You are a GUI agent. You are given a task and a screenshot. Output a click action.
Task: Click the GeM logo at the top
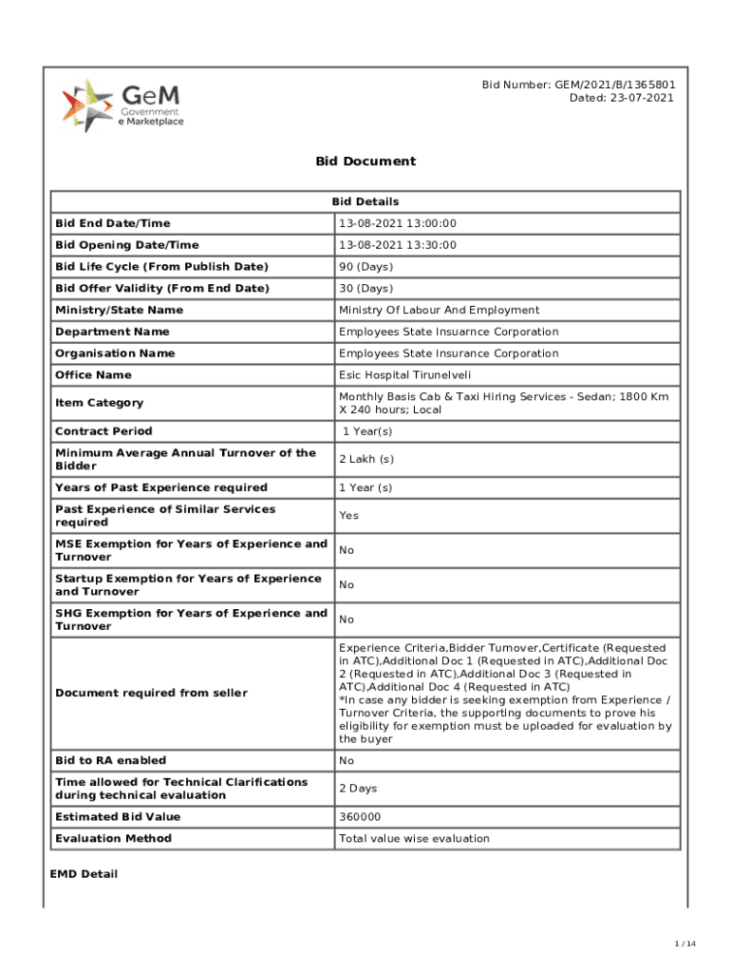tap(122, 105)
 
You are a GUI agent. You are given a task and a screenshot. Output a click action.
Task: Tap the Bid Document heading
tap(365, 162)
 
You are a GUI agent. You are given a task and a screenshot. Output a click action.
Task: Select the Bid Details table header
tap(365, 201)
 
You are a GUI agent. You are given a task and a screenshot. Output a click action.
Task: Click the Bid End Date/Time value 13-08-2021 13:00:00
tap(398, 223)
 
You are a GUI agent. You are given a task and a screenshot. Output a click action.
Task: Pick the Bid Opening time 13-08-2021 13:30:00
tap(398, 245)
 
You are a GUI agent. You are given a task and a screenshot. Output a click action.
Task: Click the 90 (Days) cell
tap(365, 267)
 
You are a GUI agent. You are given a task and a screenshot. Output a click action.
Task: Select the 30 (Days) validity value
tap(365, 288)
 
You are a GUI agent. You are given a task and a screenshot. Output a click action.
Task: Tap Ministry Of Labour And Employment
tap(439, 310)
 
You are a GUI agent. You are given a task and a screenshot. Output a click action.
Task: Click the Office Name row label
tap(93, 375)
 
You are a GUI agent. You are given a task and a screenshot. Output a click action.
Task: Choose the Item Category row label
tap(100, 403)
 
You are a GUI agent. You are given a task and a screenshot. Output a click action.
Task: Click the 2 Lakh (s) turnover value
tap(366, 460)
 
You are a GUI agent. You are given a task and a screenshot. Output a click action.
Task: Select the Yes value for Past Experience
tap(348, 516)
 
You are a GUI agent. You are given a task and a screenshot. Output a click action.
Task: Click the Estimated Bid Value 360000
tap(360, 817)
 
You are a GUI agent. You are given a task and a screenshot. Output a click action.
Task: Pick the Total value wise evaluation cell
tap(414, 839)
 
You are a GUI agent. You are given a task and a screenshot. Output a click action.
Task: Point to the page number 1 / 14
tap(685, 944)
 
